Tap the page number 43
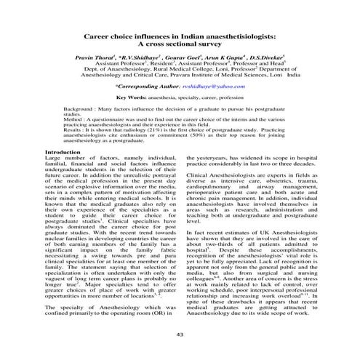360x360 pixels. [180, 332]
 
